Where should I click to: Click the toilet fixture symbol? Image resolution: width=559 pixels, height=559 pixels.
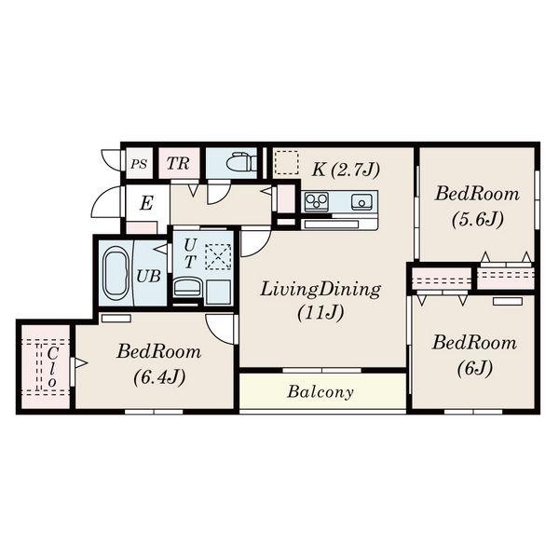pyautogui.click(x=242, y=163)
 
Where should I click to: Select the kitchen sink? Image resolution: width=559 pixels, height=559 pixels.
pyautogui.click(x=361, y=202)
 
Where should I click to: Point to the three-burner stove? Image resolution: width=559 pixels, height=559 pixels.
pyautogui.click(x=316, y=201)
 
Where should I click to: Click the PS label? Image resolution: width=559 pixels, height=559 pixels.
pyautogui.click(x=138, y=164)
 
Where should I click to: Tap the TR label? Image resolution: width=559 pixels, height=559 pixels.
pyautogui.click(x=178, y=164)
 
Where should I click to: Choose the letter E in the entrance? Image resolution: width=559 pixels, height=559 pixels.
pyautogui.click(x=146, y=203)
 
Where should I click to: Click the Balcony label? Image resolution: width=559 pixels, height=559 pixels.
pyautogui.click(x=320, y=392)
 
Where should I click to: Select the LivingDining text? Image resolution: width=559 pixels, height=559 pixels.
pyautogui.click(x=320, y=289)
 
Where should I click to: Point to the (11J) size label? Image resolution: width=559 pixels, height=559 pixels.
pyautogui.click(x=320, y=313)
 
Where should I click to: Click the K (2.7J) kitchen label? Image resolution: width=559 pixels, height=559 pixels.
pyautogui.click(x=346, y=170)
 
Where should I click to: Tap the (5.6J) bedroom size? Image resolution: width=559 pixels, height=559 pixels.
pyautogui.click(x=478, y=219)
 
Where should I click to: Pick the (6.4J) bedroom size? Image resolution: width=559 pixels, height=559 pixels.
pyautogui.click(x=159, y=377)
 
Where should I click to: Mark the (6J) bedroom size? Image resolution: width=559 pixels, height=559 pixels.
pyautogui.click(x=475, y=368)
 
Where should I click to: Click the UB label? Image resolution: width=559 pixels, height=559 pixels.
pyautogui.click(x=148, y=277)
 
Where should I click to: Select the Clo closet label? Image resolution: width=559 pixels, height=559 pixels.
pyautogui.click(x=52, y=368)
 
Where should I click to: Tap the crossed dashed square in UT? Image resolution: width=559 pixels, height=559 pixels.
pyautogui.click(x=218, y=257)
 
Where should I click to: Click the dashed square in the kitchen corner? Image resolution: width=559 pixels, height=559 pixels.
pyautogui.click(x=287, y=162)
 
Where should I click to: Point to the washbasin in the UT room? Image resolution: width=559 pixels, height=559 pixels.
pyautogui.click(x=188, y=287)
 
